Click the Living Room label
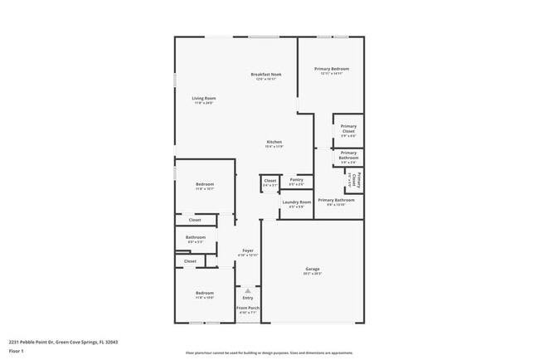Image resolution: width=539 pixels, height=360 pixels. pyautogui.click(x=204, y=99)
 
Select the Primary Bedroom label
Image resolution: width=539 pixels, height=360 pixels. pyautogui.click(x=331, y=69)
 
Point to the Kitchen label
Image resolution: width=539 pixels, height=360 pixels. pyautogui.click(x=274, y=142)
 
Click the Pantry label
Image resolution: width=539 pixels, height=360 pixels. pyautogui.click(x=296, y=179)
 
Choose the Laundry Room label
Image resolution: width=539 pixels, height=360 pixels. pyautogui.click(x=296, y=202)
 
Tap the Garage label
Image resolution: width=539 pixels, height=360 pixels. pyautogui.click(x=312, y=269)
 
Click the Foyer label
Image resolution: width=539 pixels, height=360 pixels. pyautogui.click(x=248, y=250)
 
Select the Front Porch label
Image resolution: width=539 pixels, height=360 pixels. pyautogui.click(x=248, y=308)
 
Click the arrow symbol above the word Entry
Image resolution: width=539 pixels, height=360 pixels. pyautogui.click(x=248, y=290)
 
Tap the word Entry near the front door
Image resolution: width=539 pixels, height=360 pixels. pyautogui.click(x=248, y=298)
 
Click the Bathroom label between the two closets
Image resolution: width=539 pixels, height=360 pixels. pyautogui.click(x=196, y=237)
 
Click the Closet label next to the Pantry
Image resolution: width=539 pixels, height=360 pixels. pyautogui.click(x=270, y=180)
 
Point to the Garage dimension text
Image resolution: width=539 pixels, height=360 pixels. pyautogui.click(x=312, y=274)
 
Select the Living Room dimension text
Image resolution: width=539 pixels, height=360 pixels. pyautogui.click(x=204, y=104)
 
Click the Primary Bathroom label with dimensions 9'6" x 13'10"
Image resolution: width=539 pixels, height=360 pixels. pyautogui.click(x=336, y=200)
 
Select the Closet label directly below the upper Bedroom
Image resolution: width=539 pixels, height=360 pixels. pyautogui.click(x=195, y=220)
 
